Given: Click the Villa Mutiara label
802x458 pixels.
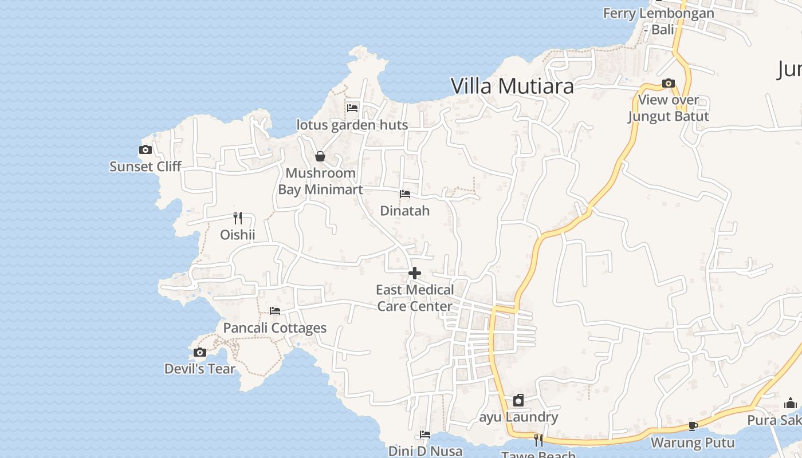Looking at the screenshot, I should [x=512, y=86].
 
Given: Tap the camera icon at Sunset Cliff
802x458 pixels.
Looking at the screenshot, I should [x=146, y=150].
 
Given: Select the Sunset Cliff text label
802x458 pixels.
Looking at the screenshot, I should [x=146, y=167].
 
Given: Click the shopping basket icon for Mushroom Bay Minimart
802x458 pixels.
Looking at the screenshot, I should [x=320, y=156].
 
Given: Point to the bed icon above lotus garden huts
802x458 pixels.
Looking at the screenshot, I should [x=352, y=108].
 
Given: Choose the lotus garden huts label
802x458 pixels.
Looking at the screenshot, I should [x=352, y=125].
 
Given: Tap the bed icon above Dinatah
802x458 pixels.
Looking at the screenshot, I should [x=405, y=194].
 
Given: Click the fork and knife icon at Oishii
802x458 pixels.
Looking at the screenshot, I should [x=238, y=218].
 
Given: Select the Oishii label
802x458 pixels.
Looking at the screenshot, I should [x=238, y=235].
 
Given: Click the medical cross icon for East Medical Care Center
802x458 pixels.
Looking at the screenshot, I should [x=415, y=273].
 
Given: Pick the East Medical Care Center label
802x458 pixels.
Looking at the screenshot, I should [x=415, y=298].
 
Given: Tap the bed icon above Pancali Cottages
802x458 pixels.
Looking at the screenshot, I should [x=275, y=311].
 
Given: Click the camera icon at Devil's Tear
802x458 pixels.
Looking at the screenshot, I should [x=200, y=352].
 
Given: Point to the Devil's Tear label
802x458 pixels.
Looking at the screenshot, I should [x=200, y=369].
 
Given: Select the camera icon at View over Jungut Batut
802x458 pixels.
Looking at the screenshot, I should [x=669, y=84].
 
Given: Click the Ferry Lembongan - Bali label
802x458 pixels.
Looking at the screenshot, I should [x=659, y=21].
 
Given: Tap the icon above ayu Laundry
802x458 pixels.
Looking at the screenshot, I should [x=518, y=400].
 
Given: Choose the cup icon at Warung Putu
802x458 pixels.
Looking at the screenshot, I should [x=693, y=426].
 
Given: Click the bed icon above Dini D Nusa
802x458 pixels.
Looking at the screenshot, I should [x=425, y=435].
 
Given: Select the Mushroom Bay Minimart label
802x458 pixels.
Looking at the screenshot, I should [x=320, y=181].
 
